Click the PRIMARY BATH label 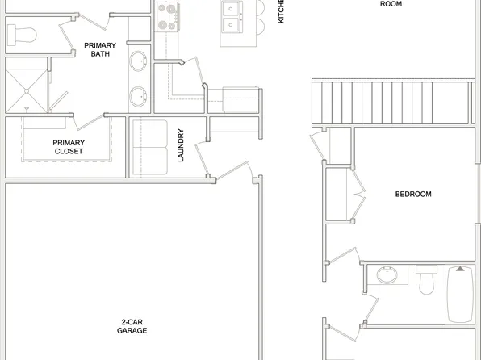tap(100, 50)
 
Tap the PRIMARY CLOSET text tap(69, 147)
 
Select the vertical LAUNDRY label tap(182, 145)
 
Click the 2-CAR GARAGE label tap(132, 326)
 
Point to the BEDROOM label tap(412, 194)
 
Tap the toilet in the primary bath tap(21, 34)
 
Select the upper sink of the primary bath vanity tap(140, 59)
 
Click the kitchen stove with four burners tap(167, 16)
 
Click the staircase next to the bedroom tap(391, 101)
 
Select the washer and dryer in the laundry tap(148, 149)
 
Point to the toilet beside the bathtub tap(426, 279)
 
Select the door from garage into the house tap(236, 172)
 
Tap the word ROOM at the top tap(391, 4)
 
